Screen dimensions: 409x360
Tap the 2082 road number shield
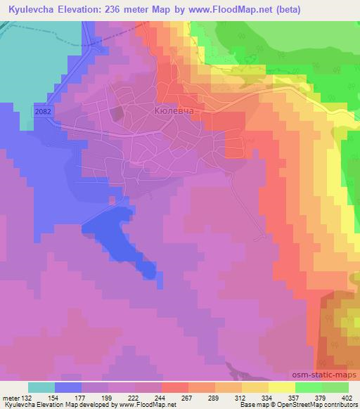[42, 111]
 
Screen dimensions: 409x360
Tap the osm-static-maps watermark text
[329, 373]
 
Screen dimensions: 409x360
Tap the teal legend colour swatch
[41, 387]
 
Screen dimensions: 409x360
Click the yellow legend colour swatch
[282, 387]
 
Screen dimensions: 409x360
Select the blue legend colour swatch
[68, 387]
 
